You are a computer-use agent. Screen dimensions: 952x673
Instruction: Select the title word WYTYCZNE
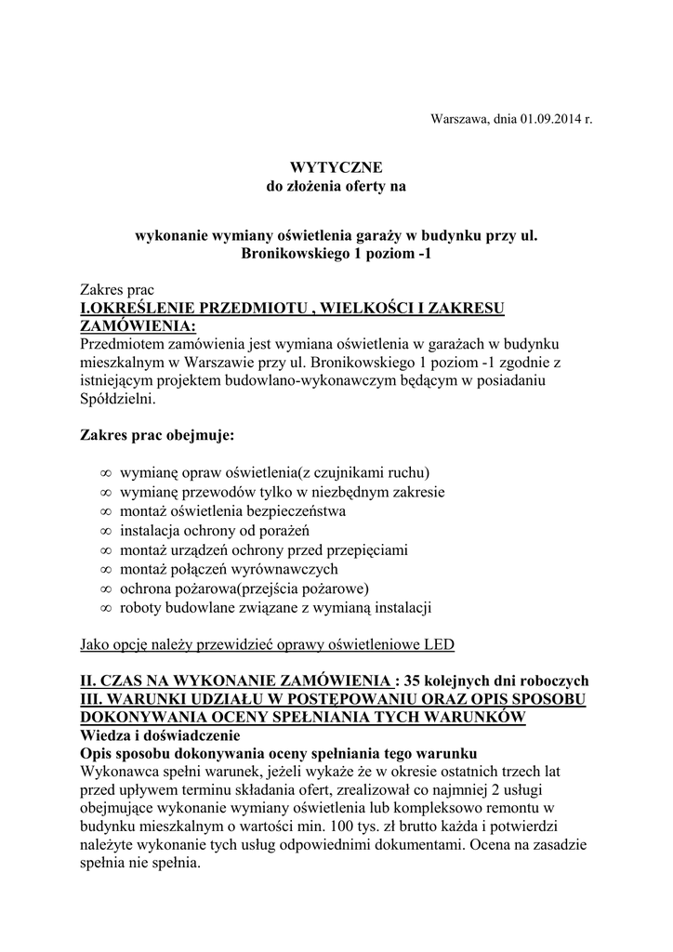[336, 167]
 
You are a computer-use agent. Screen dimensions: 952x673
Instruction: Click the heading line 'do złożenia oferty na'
[336, 186]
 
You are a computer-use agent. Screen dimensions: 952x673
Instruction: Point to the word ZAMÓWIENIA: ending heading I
[139, 326]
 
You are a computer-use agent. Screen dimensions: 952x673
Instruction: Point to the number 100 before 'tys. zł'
[367, 826]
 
